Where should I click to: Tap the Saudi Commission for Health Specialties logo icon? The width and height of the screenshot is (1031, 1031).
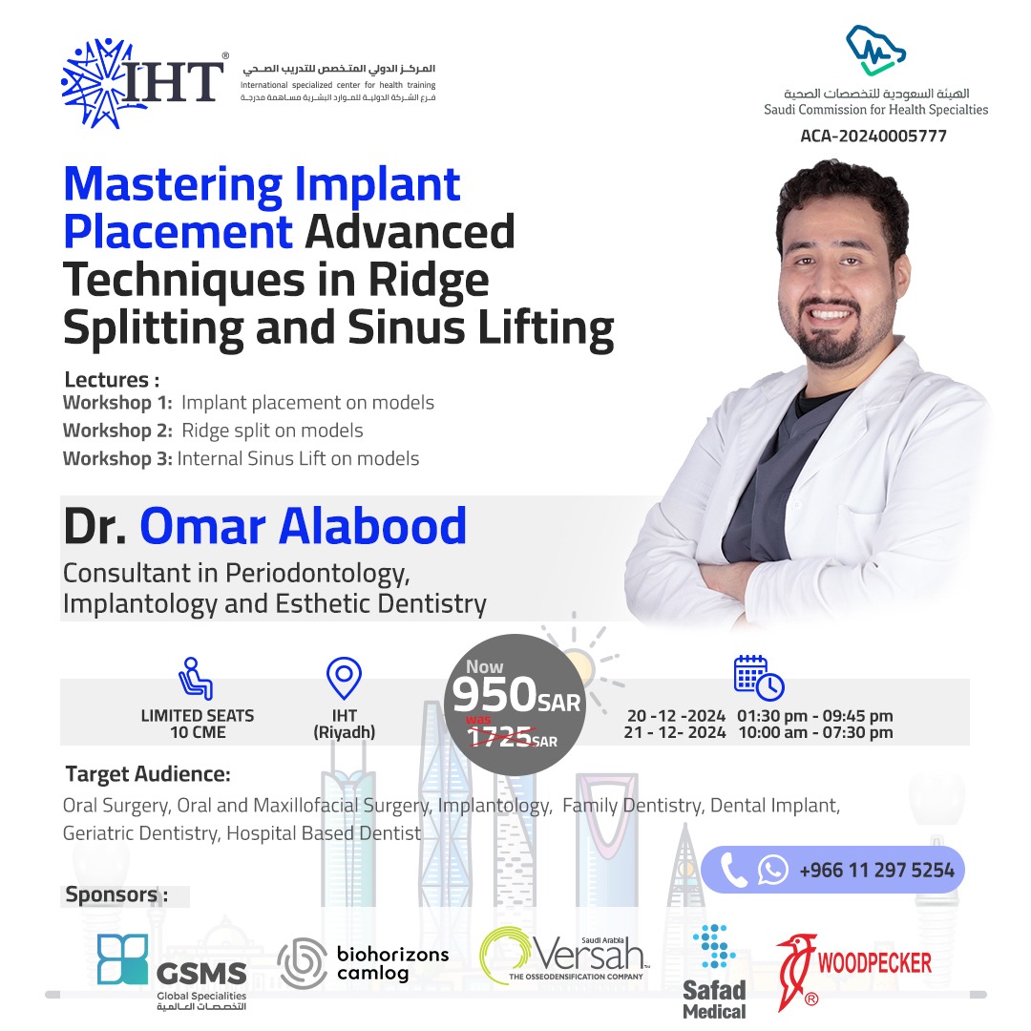tap(875, 51)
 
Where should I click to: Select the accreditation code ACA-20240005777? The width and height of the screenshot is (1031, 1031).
tap(873, 137)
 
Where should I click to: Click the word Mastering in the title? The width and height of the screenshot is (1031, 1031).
tap(173, 186)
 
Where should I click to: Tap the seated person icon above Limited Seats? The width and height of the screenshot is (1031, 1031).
tap(196, 678)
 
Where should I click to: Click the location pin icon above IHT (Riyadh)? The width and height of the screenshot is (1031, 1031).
tap(344, 678)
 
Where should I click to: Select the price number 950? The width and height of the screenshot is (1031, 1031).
tap(494, 694)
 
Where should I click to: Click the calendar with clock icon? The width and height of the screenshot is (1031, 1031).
tap(759, 678)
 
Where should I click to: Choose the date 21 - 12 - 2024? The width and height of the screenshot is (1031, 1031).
tap(675, 732)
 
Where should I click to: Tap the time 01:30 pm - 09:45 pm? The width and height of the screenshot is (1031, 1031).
tap(814, 715)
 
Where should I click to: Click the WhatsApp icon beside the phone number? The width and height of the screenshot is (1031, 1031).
tap(772, 870)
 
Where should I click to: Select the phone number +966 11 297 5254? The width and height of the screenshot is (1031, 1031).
tap(876, 871)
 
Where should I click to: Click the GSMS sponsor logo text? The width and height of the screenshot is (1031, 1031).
tap(201, 973)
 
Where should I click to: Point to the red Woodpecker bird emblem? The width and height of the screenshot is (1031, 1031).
tap(794, 971)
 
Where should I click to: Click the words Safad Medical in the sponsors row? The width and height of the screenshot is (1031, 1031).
tap(715, 1000)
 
